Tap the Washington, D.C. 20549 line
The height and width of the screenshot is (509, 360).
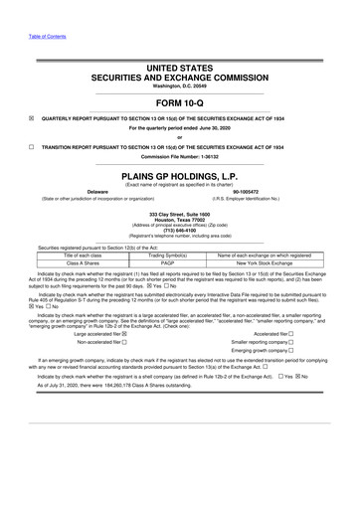180,84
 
